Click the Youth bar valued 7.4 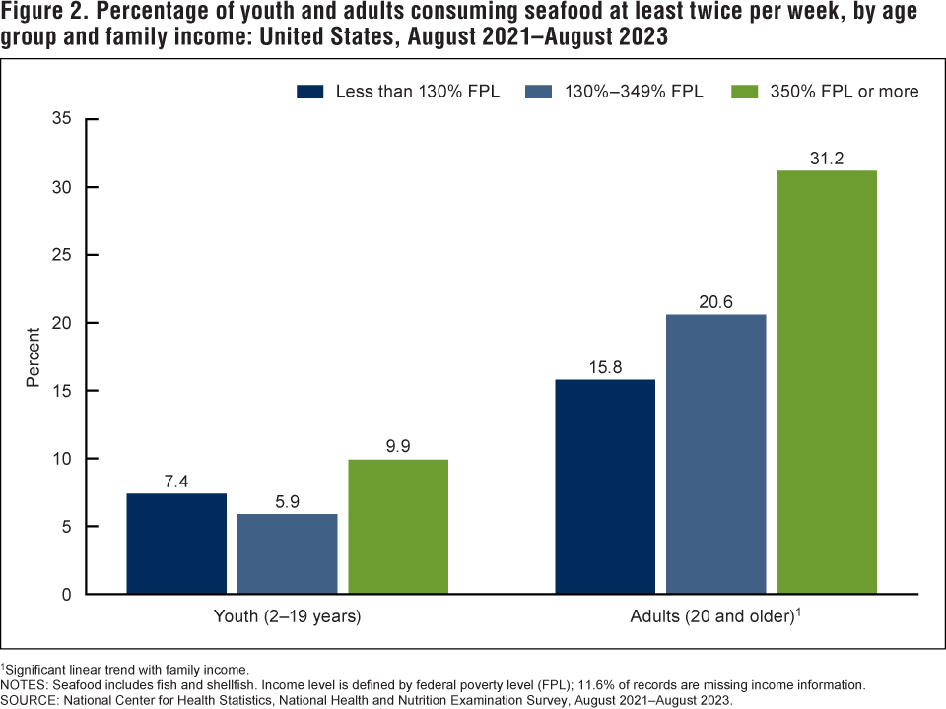(176, 544)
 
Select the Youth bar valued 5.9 (287, 553)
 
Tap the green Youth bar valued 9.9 (398, 527)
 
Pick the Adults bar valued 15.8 (605, 486)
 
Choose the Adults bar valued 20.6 (716, 454)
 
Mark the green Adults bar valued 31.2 (827, 382)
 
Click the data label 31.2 (827, 158)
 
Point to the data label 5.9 (287, 501)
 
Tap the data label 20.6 (716, 302)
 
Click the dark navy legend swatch (310, 92)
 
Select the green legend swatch (744, 92)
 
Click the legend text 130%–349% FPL (634, 92)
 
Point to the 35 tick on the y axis (64, 119)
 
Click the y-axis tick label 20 (64, 323)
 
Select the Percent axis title (34, 356)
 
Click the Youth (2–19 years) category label (287, 618)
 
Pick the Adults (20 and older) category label (712, 618)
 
